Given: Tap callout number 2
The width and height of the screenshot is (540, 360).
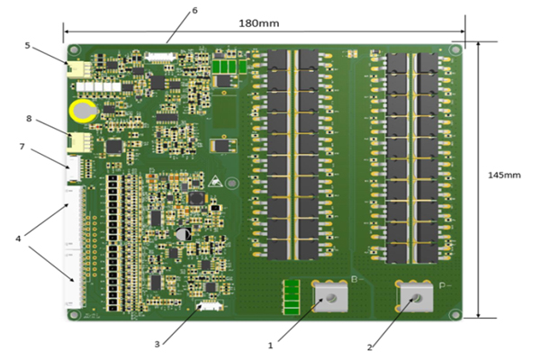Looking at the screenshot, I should [x=369, y=345].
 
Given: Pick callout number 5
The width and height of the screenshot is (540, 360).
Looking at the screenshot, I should [x=28, y=44].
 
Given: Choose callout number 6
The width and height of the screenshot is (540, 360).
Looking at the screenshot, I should [x=193, y=11].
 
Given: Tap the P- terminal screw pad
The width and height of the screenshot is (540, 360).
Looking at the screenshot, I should [x=416, y=296].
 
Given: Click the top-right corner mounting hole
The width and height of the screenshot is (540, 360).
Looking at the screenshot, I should [x=456, y=49].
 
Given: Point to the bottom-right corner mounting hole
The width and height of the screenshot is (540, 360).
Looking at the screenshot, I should [x=456, y=314].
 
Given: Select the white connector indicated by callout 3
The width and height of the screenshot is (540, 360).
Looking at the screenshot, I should [x=209, y=307].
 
